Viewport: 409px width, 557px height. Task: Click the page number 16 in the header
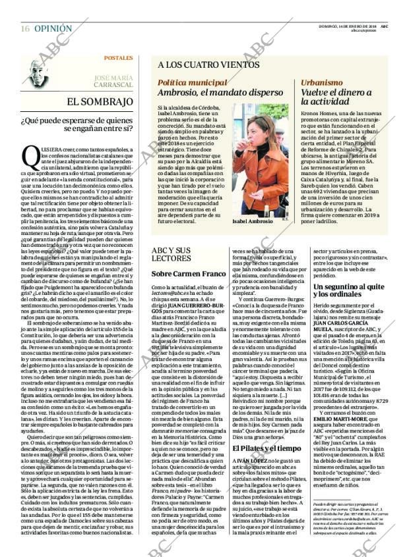tap(24, 29)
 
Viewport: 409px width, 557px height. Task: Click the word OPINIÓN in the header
tap(53, 29)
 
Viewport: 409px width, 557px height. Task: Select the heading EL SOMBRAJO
tap(100, 102)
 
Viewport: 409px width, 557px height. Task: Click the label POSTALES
tap(118, 58)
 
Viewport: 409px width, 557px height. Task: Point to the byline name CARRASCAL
tap(113, 86)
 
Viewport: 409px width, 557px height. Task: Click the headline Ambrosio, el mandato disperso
tap(212, 93)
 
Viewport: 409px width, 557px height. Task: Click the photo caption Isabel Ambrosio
tap(252, 222)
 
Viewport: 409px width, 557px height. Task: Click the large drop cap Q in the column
tap(31, 155)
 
